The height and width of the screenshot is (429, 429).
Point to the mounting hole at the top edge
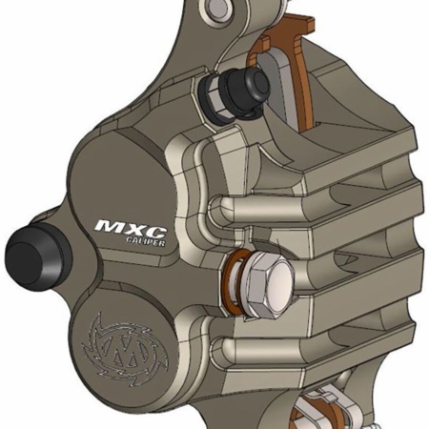(x=215, y=10)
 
